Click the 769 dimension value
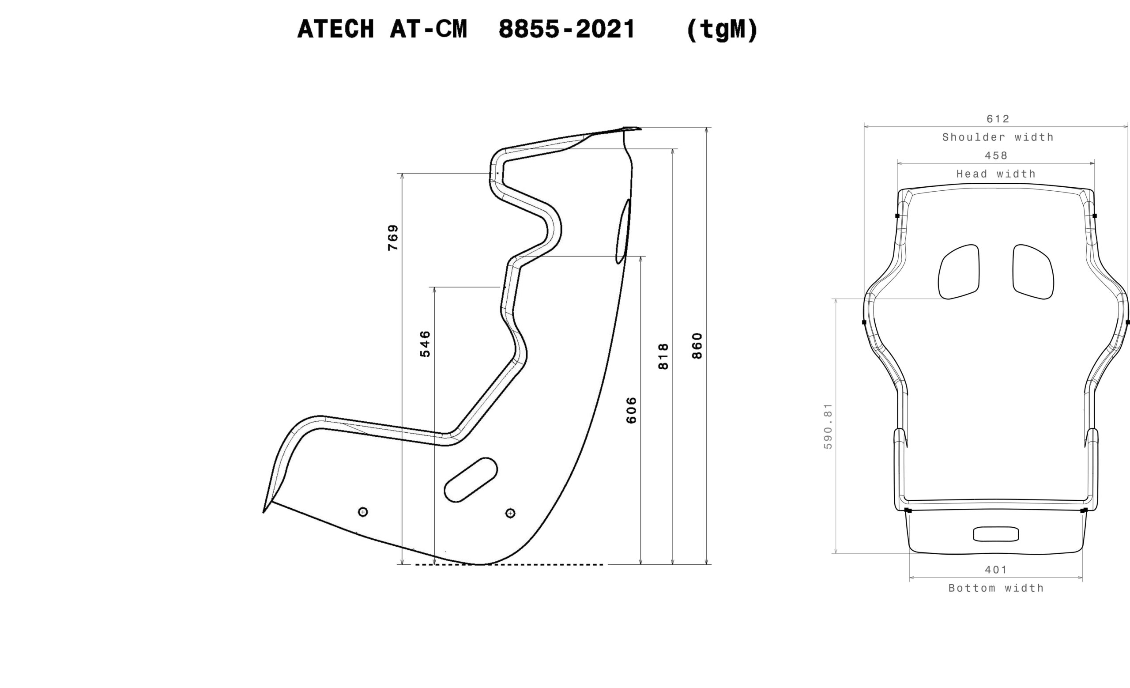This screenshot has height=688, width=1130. (x=393, y=238)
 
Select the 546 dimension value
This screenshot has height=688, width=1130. (x=425, y=344)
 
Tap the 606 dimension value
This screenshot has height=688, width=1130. (x=631, y=411)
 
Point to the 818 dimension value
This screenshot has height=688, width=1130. (x=663, y=356)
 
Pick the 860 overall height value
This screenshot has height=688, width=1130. (x=697, y=346)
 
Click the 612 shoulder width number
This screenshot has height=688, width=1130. (x=998, y=119)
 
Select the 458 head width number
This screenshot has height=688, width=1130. (x=996, y=155)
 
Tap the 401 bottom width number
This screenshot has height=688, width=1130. (x=996, y=570)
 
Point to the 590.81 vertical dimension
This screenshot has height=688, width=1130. (x=828, y=426)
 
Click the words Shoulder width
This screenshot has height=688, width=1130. (x=998, y=137)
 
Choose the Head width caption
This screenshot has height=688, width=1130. (x=996, y=174)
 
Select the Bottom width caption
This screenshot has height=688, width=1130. (x=996, y=588)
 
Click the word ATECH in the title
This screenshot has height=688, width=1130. (x=336, y=29)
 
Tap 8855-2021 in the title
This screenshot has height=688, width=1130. (x=567, y=29)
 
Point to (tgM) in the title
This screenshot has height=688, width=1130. (x=722, y=30)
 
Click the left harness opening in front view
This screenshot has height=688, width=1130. (x=958, y=272)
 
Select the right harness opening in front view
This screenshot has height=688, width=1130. (x=1033, y=272)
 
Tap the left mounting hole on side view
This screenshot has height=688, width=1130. (x=363, y=511)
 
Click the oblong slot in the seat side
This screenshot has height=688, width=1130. (x=471, y=480)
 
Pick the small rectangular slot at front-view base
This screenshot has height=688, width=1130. (x=996, y=534)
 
